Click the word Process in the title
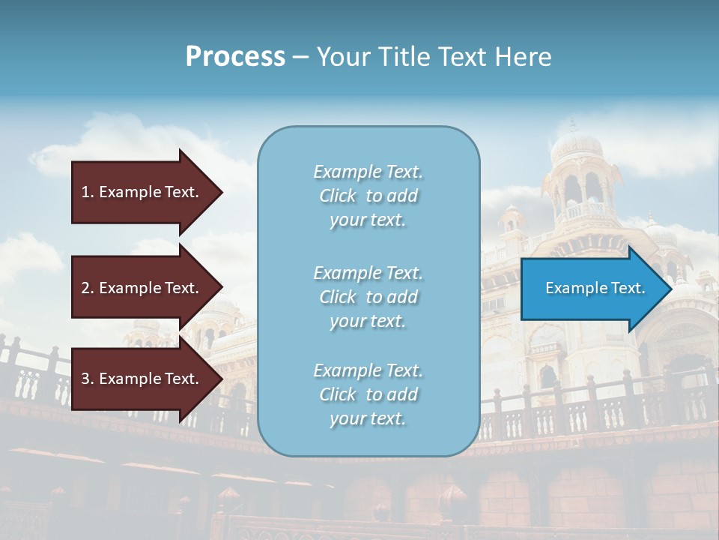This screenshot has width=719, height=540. pyautogui.click(x=235, y=57)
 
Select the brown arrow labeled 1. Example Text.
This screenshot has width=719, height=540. pyautogui.click(x=142, y=192)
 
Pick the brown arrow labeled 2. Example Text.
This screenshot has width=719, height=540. pyautogui.click(x=142, y=288)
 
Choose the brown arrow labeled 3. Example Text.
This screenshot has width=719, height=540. pyautogui.click(x=142, y=379)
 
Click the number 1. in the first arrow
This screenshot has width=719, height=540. pyautogui.click(x=88, y=192)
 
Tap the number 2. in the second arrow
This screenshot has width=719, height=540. pyautogui.click(x=88, y=288)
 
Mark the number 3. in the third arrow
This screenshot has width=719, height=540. pyautogui.click(x=88, y=379)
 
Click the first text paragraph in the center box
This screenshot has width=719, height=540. pyautogui.click(x=368, y=196)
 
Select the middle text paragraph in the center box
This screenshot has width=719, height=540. pyautogui.click(x=368, y=296)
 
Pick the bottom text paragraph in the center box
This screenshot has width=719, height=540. pyautogui.click(x=368, y=394)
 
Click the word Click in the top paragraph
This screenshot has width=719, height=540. pyautogui.click(x=338, y=196)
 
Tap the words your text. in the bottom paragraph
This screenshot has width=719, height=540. pyautogui.click(x=368, y=418)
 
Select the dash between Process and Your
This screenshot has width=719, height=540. pyautogui.click(x=300, y=57)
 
